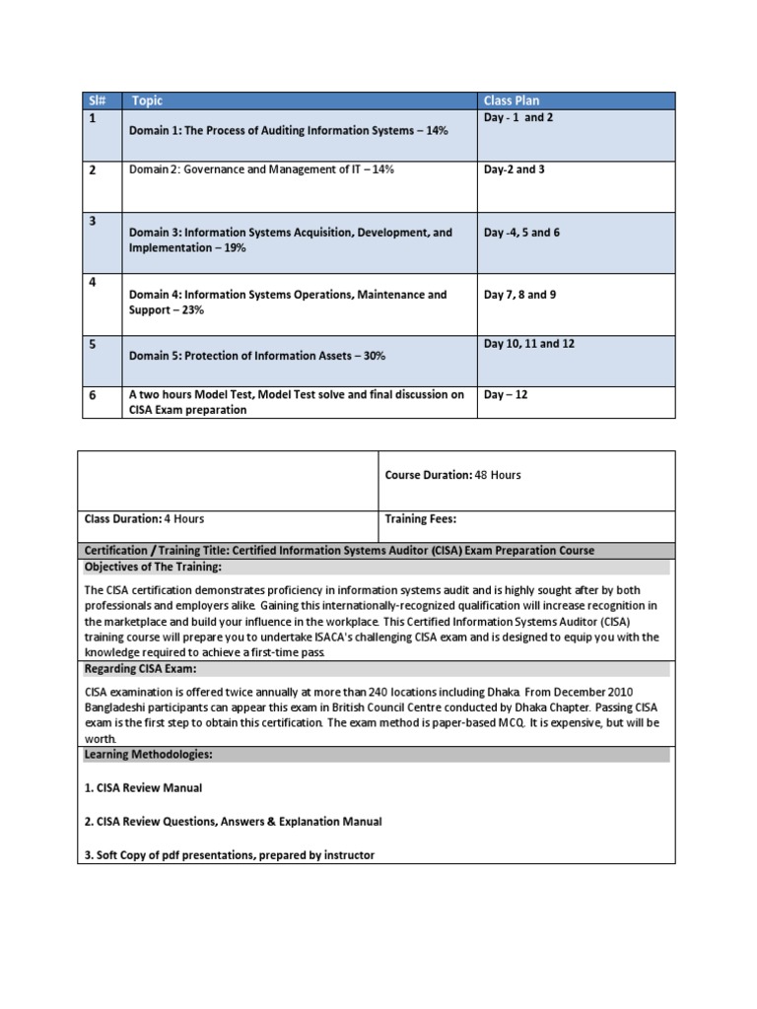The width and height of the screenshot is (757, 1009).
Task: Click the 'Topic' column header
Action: [147, 101]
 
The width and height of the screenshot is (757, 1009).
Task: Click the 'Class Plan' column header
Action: [511, 101]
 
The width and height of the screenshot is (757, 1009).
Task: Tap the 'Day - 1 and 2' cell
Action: [519, 117]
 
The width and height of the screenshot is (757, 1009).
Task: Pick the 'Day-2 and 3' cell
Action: [514, 169]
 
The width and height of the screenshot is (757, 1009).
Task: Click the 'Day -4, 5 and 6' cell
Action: [522, 233]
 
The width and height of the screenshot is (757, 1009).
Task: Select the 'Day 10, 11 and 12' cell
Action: [528, 344]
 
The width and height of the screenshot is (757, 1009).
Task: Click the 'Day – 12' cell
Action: [507, 394]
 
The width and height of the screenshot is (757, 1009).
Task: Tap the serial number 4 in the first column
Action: [93, 283]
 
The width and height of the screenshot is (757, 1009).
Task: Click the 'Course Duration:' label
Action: [428, 475]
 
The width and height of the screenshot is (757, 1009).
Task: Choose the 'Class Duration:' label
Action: [122, 518]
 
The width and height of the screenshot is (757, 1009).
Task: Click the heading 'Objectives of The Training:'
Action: [153, 567]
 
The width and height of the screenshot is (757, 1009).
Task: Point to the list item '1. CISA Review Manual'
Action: [144, 788]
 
